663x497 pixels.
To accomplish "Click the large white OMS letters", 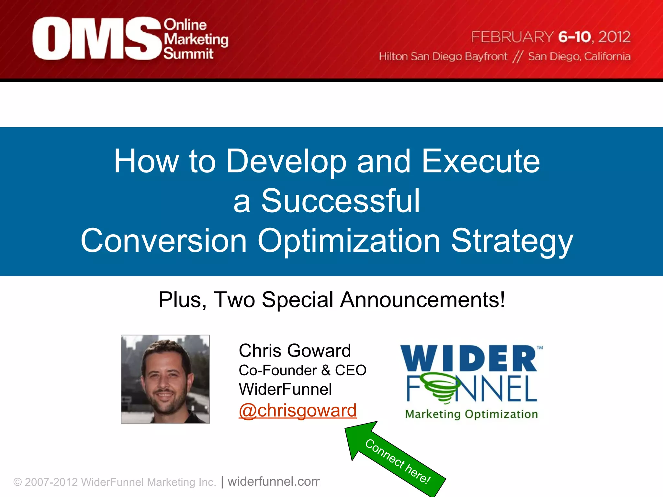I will tap(96, 39).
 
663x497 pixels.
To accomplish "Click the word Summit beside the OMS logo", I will tap(188, 54).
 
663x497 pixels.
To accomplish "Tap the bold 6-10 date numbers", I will tap(575, 37).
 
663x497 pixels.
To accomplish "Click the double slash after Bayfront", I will tap(518, 57).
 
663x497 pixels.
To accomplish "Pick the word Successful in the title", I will tap(341, 201).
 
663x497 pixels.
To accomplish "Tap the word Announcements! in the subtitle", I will tap(422, 300).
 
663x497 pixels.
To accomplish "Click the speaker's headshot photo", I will tap(165, 379).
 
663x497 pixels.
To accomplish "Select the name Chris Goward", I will tap(295, 351).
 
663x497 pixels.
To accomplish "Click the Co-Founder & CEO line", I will tap(302, 370).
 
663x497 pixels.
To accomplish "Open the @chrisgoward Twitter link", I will tap(298, 411).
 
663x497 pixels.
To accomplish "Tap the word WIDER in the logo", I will tap(469, 359).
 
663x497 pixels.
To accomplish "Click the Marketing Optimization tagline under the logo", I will tap(471, 414).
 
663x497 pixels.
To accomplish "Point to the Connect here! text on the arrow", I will tap(398, 461).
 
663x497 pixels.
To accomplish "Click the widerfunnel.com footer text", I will tap(274, 481).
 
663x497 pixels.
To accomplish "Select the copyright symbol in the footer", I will tap(17, 482).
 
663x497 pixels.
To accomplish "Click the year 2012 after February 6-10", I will tap(614, 37).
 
